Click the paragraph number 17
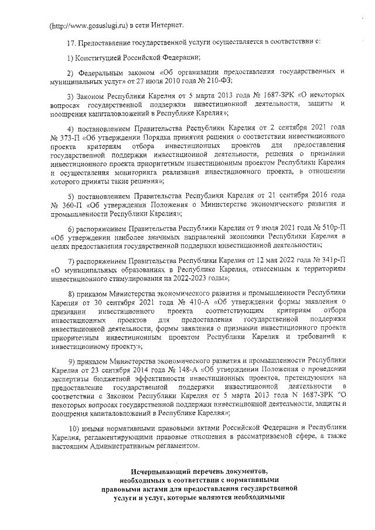pos(72,42)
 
